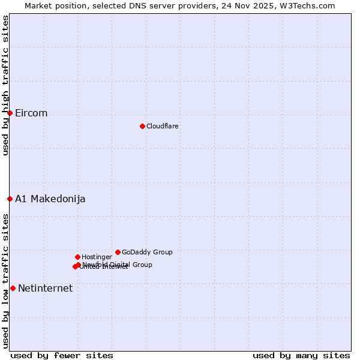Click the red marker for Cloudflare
[142, 126]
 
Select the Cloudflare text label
[162, 126]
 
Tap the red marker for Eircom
[10, 113]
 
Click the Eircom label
[31, 113]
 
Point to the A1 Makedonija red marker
[10, 199]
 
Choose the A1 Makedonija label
[50, 199]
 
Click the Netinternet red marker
[13, 288]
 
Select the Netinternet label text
[45, 289]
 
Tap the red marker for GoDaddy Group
[118, 252]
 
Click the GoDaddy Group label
[147, 253]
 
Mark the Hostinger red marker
[77, 257]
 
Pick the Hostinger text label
[97, 257]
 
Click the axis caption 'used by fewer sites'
[62, 355]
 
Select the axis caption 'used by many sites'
[301, 355]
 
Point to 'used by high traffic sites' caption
[5, 85]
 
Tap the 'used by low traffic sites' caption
[5, 281]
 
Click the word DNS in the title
[151, 5]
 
